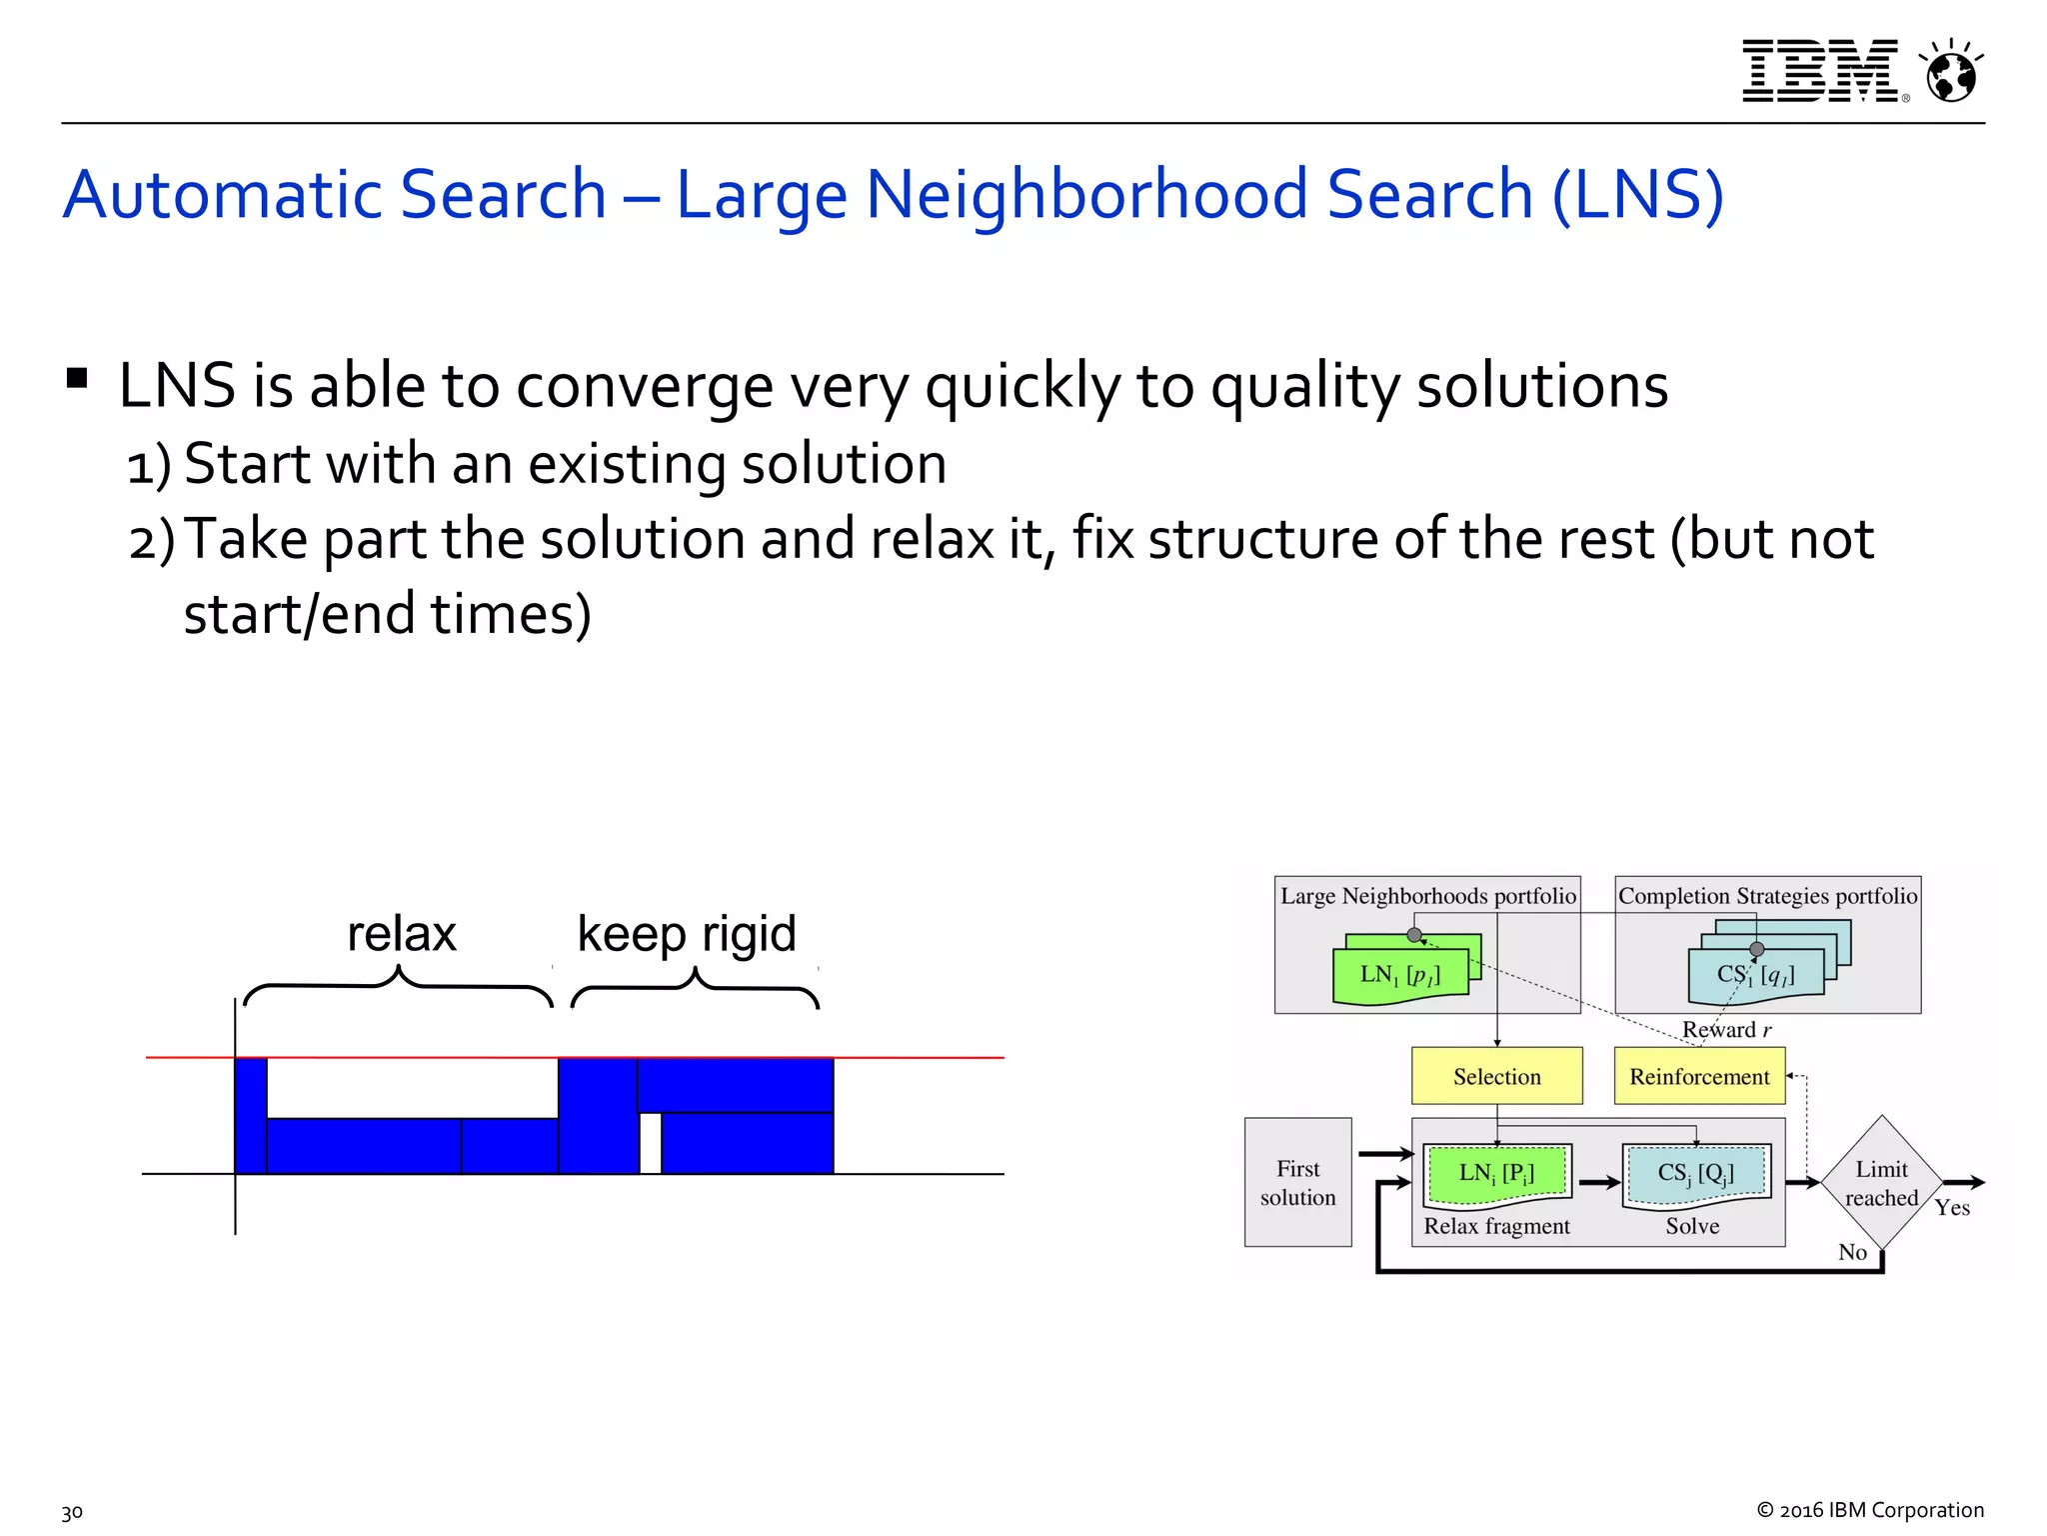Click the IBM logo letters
(1820, 71)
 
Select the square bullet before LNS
(77, 379)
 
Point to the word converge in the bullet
(644, 387)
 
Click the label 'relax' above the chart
(401, 934)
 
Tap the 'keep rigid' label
(687, 934)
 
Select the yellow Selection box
(1496, 1076)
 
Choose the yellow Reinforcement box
(1699, 1076)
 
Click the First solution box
(1297, 1182)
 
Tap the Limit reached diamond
(1881, 1183)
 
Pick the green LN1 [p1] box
(1400, 975)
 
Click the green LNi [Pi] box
(1496, 1174)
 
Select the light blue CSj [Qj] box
(1695, 1174)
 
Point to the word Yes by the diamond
(1952, 1208)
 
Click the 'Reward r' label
(1726, 1030)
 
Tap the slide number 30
(72, 1512)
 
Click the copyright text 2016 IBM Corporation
(1870, 1510)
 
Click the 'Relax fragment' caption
(1496, 1226)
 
